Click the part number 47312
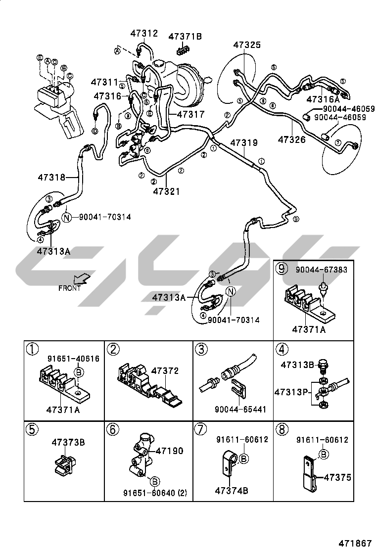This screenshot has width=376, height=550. click(144, 34)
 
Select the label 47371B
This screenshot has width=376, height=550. click(185, 36)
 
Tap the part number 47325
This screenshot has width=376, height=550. click(247, 45)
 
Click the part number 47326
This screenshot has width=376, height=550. click(291, 139)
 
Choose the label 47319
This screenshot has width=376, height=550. click(243, 143)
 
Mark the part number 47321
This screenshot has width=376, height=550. click(166, 191)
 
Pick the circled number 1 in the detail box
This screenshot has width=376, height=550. click(32, 349)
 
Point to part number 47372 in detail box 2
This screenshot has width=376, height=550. click(165, 371)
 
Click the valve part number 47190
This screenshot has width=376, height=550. click(169, 451)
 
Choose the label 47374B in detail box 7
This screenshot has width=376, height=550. click(232, 490)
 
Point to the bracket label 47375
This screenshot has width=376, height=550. click(337, 477)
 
